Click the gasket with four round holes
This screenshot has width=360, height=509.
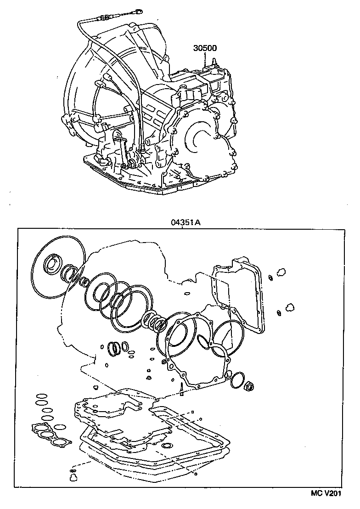51,434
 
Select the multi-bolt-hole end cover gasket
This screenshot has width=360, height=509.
195,349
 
